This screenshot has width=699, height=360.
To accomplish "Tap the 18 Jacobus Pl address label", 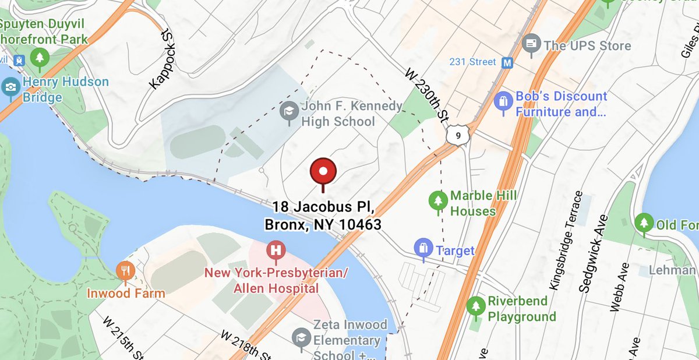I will (x=323, y=216).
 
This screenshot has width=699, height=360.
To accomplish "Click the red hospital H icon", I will (x=276, y=250).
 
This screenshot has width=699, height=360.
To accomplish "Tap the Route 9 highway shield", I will (x=460, y=136).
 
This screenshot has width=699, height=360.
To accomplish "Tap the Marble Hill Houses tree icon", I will (x=437, y=201).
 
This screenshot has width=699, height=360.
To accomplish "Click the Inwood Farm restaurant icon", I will (x=125, y=270).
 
